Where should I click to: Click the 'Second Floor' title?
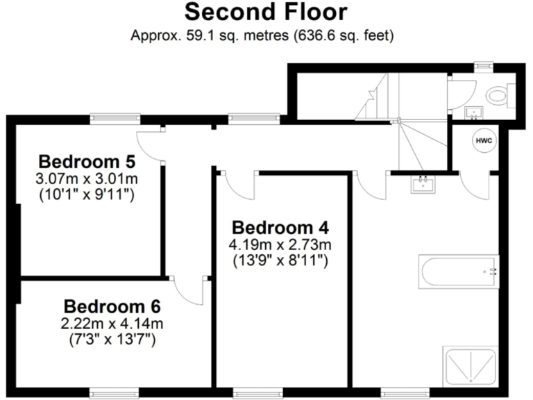pos(266,12)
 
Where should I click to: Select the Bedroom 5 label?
pos(86,162)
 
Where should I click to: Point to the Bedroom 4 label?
pos(280,228)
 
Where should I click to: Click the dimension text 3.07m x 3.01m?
pos(86,179)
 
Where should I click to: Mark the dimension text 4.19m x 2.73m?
pos(280,244)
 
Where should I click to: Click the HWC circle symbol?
pos(484,141)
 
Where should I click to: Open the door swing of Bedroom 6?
pos(187,290)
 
